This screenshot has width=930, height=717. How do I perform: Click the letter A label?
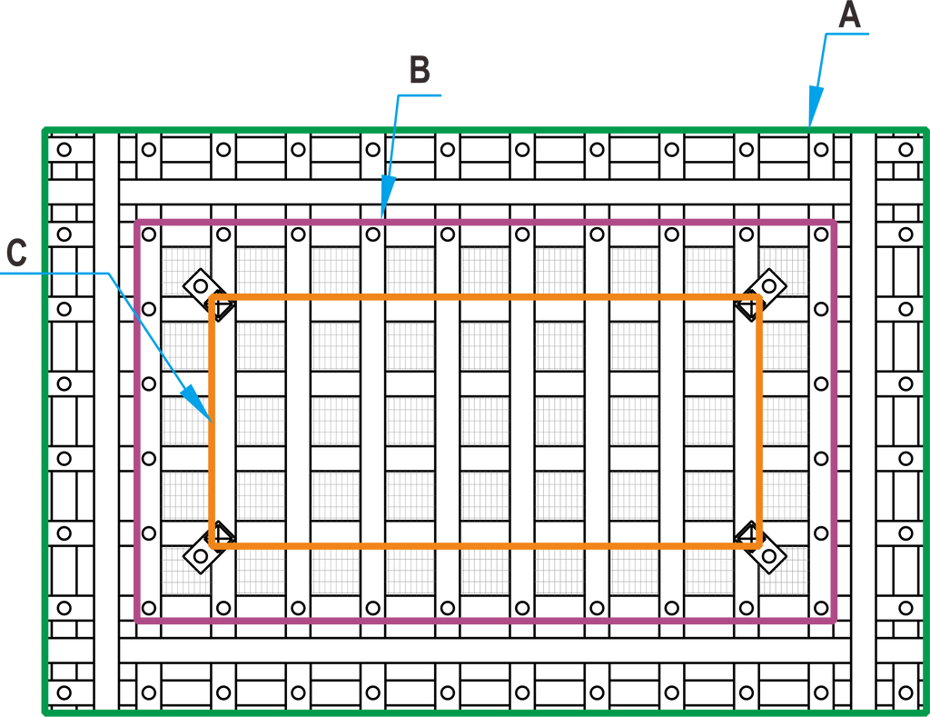click(x=849, y=15)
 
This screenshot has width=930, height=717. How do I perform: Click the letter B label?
click(x=420, y=69)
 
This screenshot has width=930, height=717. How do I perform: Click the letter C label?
click(x=16, y=252)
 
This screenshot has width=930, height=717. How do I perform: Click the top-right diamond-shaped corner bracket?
click(x=763, y=293)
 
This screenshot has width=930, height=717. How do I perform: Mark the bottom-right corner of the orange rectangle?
click(x=759, y=545)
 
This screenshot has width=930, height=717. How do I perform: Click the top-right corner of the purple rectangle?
click(x=834, y=223)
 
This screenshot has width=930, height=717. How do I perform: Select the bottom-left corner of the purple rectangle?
click(x=138, y=621)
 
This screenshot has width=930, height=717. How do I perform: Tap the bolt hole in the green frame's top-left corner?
click(x=64, y=150)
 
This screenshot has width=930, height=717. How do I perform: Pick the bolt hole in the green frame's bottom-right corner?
click(x=905, y=692)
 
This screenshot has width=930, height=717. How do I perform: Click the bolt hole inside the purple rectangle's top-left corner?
click(x=149, y=234)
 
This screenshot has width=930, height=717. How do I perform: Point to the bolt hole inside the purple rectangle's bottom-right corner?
click(x=821, y=608)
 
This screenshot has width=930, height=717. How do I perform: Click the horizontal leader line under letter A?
click(x=847, y=34)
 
